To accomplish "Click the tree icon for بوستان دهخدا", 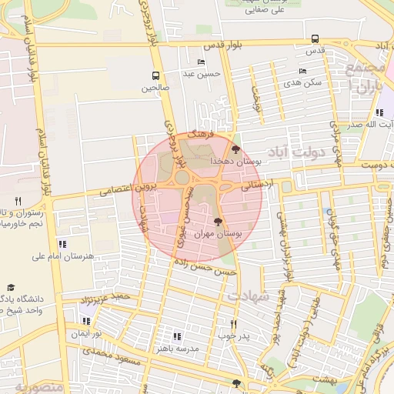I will [x=235, y=150].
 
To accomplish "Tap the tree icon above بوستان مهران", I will [x=219, y=221].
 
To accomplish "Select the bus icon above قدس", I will [x=315, y=38].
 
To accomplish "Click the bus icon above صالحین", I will [x=156, y=76].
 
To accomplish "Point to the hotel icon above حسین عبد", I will [x=202, y=62].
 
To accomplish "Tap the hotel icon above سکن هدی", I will [x=302, y=71].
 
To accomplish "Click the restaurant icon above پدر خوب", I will [x=234, y=324].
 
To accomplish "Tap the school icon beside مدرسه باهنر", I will [x=178, y=336].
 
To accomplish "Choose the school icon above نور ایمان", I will [x=85, y=321].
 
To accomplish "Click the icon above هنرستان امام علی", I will [x=62, y=244].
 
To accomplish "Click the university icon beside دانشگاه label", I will [x=11, y=287].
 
